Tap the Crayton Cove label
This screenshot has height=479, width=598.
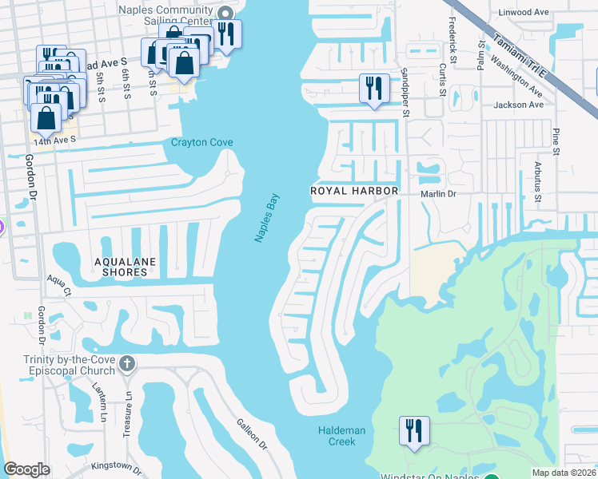pyautogui.click(x=202, y=143)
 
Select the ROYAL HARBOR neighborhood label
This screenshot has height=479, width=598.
pyautogui.click(x=354, y=192)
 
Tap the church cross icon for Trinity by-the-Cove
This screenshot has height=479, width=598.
pyautogui.click(x=126, y=365)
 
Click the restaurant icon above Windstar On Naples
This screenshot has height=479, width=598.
pyautogui.click(x=414, y=430)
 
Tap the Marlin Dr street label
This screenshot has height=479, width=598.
pyautogui.click(x=438, y=193)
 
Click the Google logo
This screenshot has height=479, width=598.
pyautogui.click(x=27, y=469)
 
